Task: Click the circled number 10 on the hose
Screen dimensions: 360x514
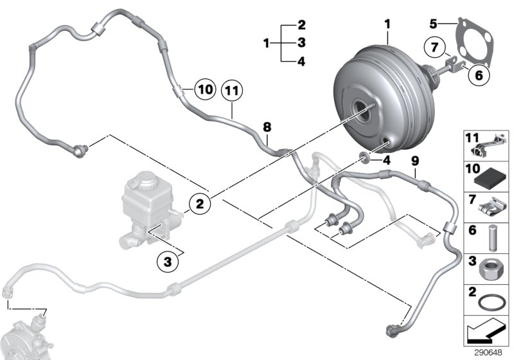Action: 204,91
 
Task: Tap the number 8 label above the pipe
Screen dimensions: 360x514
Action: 265,127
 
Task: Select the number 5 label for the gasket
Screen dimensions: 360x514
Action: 434,24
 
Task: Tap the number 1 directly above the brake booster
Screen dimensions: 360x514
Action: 387,24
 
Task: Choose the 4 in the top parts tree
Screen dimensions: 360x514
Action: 301,62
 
